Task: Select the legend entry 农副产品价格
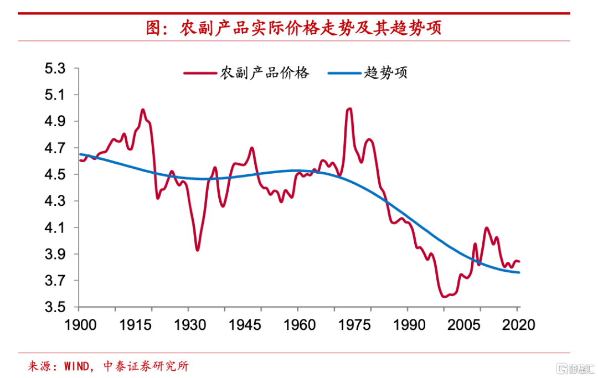tap(265, 73)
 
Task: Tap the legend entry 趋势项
tap(386, 73)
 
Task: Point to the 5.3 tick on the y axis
tap(55, 69)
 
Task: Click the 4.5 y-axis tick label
tap(55, 175)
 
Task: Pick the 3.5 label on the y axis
tap(55, 308)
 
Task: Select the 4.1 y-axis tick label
tap(55, 228)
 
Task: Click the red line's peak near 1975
tap(349, 108)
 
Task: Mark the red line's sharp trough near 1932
tap(197, 250)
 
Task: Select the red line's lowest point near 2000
tap(444, 297)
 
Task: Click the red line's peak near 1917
tap(143, 110)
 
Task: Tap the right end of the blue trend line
tap(519, 272)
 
